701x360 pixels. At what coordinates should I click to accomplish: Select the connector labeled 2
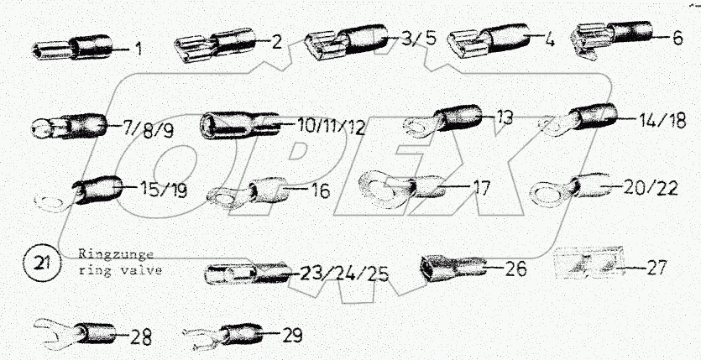click(215, 44)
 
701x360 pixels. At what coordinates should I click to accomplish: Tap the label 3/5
click(418, 39)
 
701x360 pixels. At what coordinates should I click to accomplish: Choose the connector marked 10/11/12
click(240, 125)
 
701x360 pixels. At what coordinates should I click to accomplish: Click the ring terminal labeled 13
click(442, 120)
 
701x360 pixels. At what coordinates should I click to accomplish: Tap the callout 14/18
click(662, 120)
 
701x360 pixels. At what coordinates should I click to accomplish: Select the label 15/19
click(163, 190)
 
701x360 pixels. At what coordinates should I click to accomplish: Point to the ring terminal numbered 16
click(248, 193)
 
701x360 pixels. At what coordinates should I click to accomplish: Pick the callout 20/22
click(651, 188)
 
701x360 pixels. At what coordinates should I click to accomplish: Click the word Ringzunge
click(116, 254)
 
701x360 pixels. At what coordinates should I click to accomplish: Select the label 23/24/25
click(344, 274)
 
